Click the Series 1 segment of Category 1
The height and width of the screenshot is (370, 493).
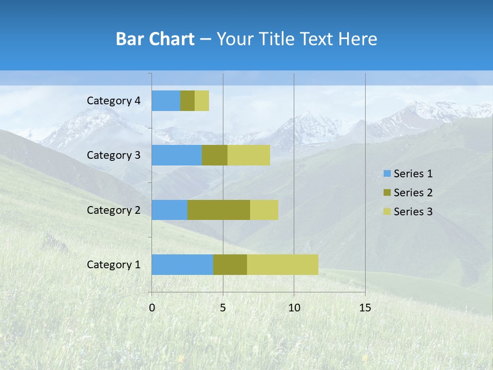point(182,264)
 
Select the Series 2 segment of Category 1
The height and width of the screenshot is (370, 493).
point(230,264)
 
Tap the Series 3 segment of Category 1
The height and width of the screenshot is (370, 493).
point(282,264)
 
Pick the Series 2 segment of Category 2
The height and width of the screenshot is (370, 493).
point(219,210)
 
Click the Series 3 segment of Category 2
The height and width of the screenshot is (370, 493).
point(264,210)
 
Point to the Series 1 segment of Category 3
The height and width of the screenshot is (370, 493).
point(177,155)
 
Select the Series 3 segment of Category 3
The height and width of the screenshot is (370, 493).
point(249,155)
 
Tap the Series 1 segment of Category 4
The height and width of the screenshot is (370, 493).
point(166,101)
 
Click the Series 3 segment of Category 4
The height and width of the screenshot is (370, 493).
point(202,101)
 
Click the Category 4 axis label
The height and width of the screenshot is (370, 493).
point(113,101)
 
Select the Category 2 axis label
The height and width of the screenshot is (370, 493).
point(113,210)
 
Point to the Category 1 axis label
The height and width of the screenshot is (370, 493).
point(113,265)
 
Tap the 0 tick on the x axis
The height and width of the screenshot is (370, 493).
point(152,308)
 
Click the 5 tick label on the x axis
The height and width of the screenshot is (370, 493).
point(223,308)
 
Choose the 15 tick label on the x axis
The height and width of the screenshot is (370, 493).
point(365,308)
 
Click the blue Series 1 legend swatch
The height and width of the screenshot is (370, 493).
point(387,174)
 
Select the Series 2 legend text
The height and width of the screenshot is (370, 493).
point(413,193)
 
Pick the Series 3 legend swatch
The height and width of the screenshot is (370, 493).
point(387,212)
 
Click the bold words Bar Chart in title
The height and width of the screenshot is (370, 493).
point(155,39)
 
